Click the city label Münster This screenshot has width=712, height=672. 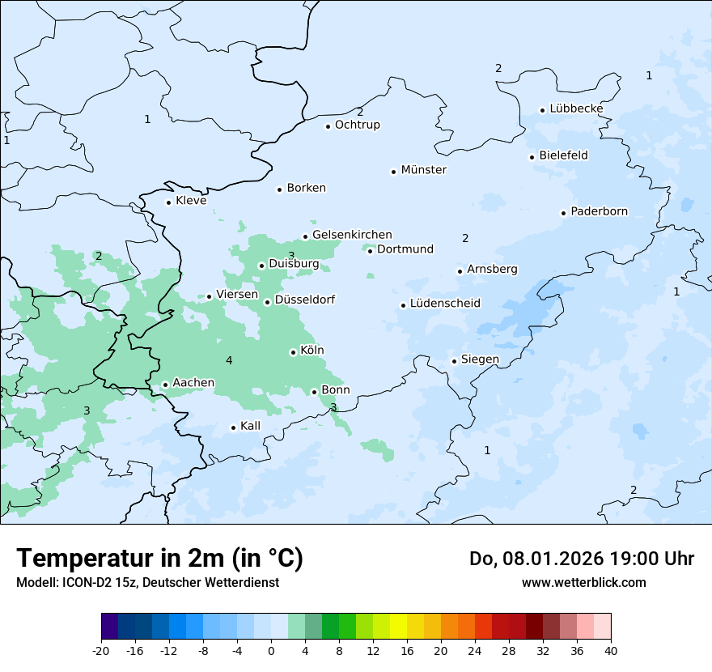[x=423, y=170]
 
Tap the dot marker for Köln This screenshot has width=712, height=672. [x=293, y=352]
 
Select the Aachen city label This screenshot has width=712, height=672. [x=193, y=383]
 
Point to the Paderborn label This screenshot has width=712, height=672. [x=599, y=211]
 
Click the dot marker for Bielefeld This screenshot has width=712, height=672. [x=532, y=157]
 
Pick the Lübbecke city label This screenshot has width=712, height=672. [x=576, y=108]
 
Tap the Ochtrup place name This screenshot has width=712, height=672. [x=357, y=125]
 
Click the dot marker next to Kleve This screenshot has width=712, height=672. [x=168, y=202]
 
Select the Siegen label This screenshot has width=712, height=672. [x=480, y=359]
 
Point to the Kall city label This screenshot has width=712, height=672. [x=250, y=426]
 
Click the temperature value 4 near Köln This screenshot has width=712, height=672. [x=229, y=360]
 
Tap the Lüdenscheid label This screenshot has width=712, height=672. [x=445, y=304]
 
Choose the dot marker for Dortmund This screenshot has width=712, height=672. [x=370, y=251]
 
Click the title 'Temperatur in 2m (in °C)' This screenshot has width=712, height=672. [x=159, y=558]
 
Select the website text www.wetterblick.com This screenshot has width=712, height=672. [x=583, y=582]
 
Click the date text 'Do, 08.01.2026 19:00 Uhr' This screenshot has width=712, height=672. [x=581, y=559]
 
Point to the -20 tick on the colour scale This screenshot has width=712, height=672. [x=101, y=650]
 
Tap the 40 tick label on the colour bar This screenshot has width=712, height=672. [x=611, y=650]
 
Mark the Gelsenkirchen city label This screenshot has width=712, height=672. [x=352, y=235]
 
